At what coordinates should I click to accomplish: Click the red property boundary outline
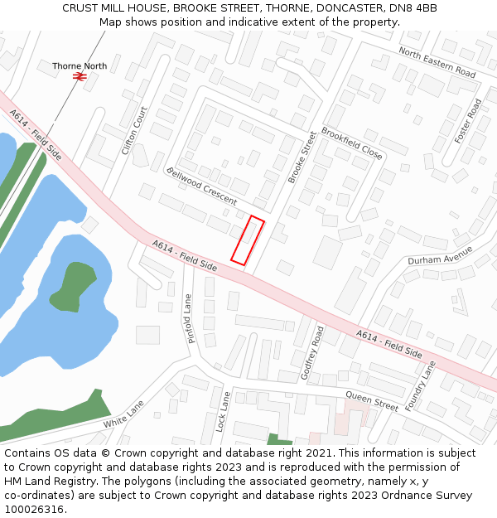tap(248, 241)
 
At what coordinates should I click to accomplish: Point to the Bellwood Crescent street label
tap(201, 186)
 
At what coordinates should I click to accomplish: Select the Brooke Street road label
tap(302, 157)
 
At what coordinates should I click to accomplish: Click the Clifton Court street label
tap(134, 131)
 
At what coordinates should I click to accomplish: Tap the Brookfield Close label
tap(352, 143)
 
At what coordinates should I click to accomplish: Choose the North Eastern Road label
tap(437, 62)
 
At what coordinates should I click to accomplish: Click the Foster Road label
tap(469, 121)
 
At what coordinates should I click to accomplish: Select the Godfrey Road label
tap(312, 352)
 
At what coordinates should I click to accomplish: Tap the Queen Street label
tap(372, 400)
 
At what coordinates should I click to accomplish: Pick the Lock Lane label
tap(222, 411)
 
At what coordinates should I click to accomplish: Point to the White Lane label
tap(123, 414)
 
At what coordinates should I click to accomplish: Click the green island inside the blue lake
tap(72, 284)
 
